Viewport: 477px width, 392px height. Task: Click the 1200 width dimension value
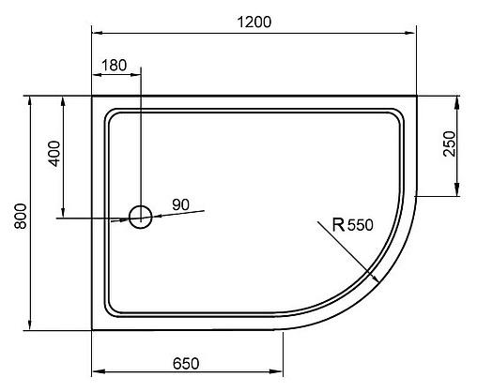tap(253, 22)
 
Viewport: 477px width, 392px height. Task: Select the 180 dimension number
tap(114, 65)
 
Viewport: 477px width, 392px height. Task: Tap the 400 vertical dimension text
tap(54, 153)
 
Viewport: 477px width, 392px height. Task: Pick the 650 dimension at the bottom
tap(187, 361)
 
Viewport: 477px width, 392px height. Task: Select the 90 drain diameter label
tap(181, 204)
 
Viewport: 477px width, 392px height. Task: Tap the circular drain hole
tap(140, 218)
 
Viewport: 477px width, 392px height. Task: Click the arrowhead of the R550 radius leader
tap(376, 279)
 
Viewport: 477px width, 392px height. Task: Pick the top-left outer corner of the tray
tap(91, 95)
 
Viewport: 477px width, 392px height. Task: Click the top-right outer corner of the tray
tap(417, 95)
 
